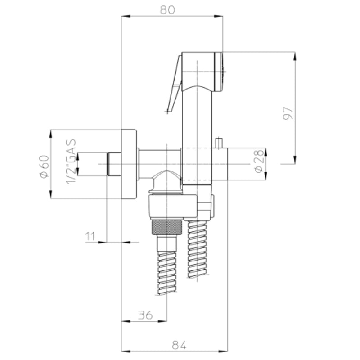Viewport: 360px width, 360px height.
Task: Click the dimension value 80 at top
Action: (173, 9)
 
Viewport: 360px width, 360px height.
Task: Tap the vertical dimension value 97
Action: (288, 112)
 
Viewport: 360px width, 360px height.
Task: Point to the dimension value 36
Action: (144, 315)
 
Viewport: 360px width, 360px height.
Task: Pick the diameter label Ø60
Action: (44, 166)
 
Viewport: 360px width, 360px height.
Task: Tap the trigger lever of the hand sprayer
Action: (174, 85)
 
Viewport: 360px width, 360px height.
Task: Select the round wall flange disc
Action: (129, 164)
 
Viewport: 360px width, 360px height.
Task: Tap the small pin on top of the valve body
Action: (220, 143)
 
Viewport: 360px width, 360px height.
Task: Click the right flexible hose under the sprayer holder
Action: (197, 250)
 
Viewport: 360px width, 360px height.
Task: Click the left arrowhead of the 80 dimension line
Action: (125, 17)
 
